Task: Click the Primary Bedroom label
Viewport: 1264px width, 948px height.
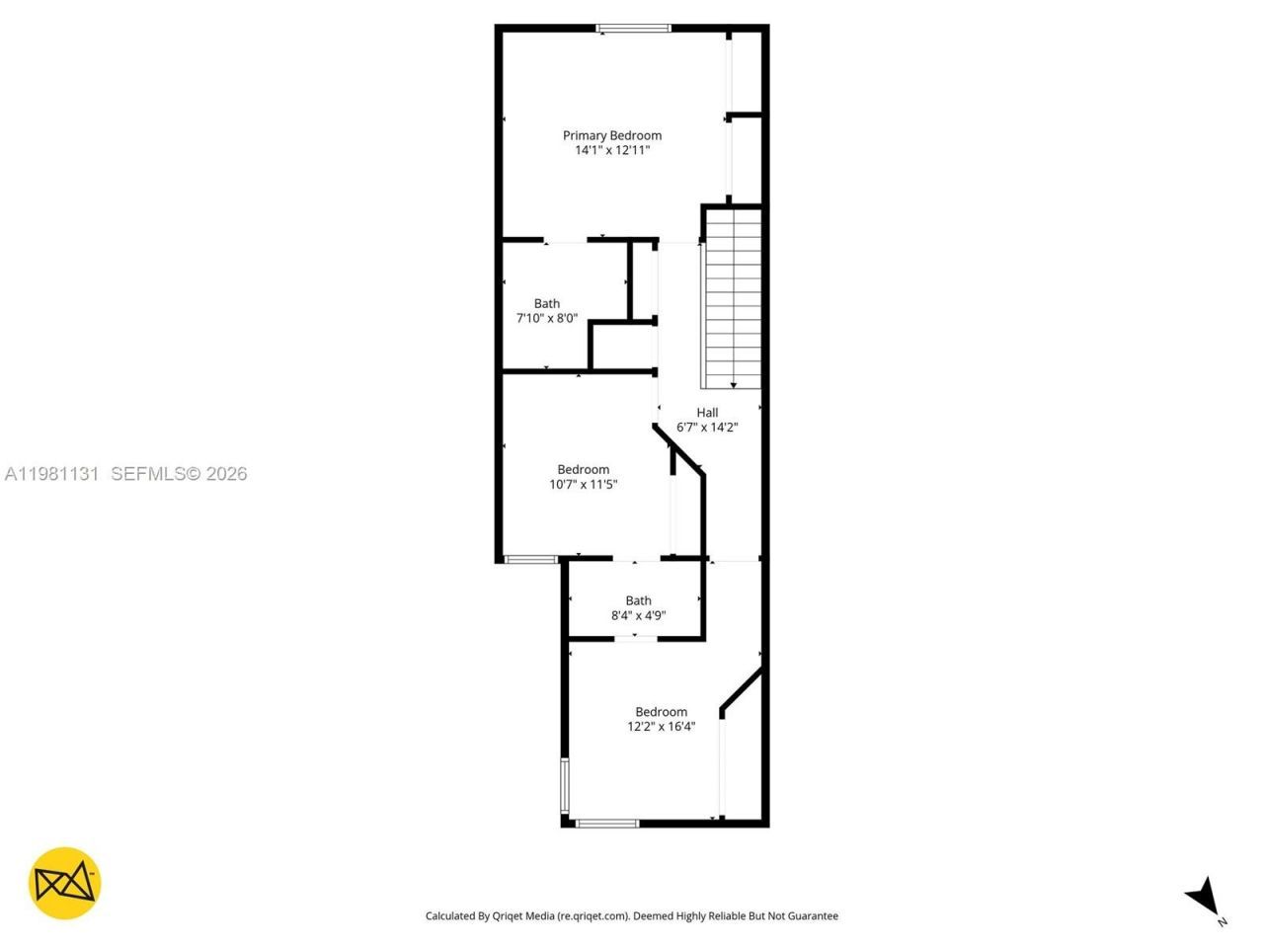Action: tap(612, 135)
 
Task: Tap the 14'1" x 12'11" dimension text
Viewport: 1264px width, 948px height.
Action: tap(612, 150)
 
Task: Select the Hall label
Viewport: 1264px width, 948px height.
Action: tap(707, 413)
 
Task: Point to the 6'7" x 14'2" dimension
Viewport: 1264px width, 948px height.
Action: tap(707, 428)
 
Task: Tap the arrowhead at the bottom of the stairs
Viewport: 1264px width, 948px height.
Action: tap(734, 384)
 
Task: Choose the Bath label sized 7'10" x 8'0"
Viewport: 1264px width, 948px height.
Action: tap(547, 304)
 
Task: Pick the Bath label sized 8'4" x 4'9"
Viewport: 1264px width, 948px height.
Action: tap(639, 600)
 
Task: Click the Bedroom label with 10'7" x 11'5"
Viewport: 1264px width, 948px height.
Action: tap(584, 470)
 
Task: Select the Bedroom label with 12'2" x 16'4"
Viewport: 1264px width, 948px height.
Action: tap(662, 712)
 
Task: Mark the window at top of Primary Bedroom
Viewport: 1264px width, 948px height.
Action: tap(634, 29)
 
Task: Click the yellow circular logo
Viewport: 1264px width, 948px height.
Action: tap(64, 883)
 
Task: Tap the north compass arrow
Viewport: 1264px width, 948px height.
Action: tap(1203, 896)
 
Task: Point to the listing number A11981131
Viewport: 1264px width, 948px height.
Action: tap(51, 474)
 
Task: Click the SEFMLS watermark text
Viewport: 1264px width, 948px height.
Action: tap(179, 474)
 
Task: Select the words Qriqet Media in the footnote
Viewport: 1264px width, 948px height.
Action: tap(523, 916)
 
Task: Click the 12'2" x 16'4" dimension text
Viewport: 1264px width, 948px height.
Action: tap(662, 727)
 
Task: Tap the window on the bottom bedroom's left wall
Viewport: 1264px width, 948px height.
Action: tap(565, 785)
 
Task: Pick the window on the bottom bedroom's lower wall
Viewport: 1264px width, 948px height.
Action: tap(607, 823)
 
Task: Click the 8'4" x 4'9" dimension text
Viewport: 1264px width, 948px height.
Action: tap(639, 615)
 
